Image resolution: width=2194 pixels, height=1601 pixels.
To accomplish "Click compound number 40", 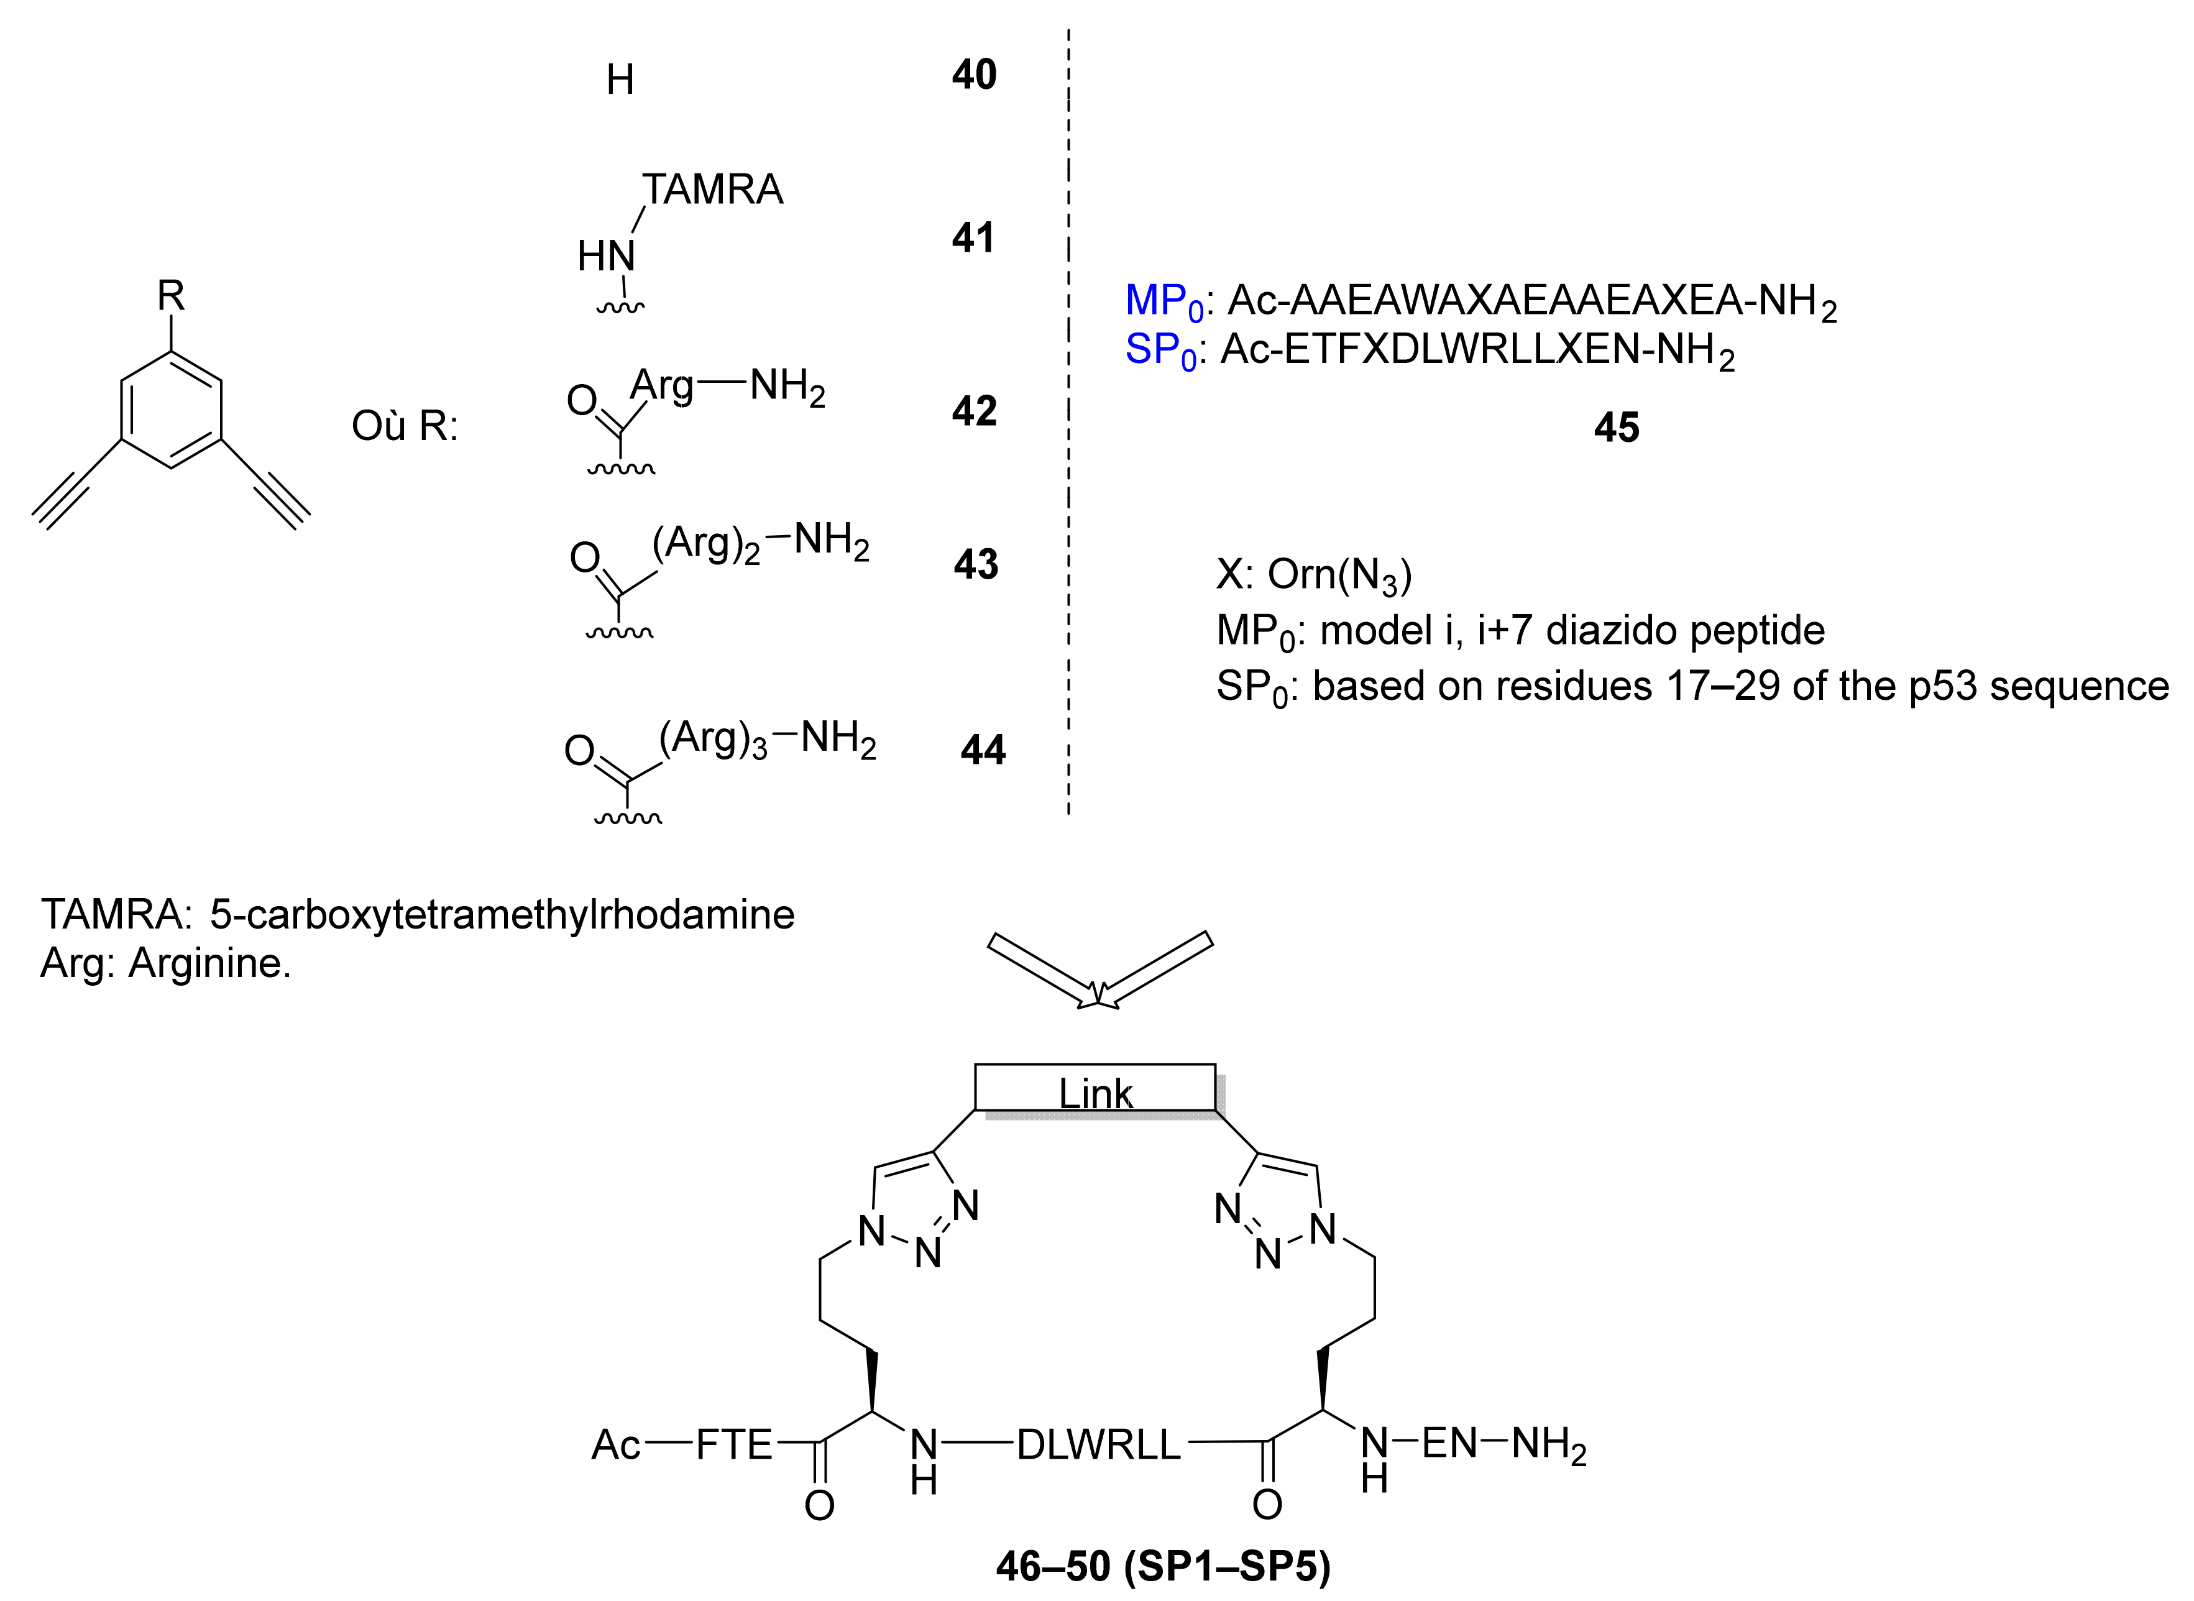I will click(974, 75).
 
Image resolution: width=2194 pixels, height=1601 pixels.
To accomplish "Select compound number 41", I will click(973, 237).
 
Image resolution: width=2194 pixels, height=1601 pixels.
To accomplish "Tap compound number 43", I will click(975, 564).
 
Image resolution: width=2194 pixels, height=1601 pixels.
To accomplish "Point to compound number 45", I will click(1617, 428).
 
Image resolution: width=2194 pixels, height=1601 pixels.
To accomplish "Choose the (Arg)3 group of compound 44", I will click(712, 740).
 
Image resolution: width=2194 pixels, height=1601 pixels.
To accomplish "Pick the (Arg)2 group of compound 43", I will click(705, 544).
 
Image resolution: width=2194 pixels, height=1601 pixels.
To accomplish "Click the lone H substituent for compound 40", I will click(620, 80).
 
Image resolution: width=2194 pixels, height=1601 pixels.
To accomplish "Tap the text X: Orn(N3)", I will click(1313, 575).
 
